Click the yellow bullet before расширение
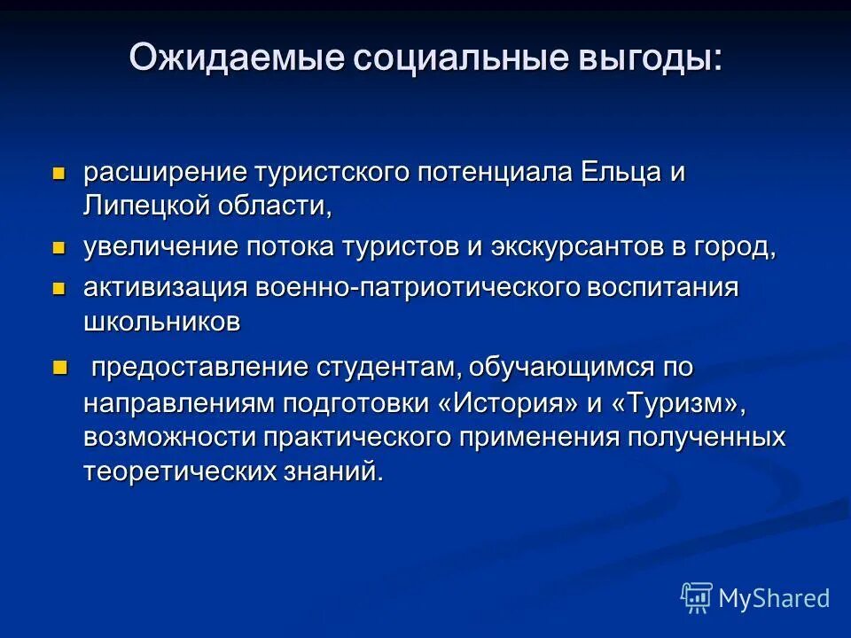tap(59, 171)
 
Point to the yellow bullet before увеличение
tap(59, 247)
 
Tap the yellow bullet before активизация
tap(59, 287)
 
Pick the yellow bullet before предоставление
tap(59, 365)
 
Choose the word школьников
tap(161, 322)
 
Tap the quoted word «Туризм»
tap(672, 402)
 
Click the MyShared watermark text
tap(774, 598)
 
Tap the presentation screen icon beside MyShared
tap(697, 597)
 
